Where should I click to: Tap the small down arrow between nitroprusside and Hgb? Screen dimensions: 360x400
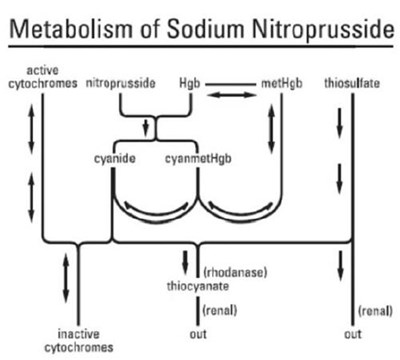click(148, 128)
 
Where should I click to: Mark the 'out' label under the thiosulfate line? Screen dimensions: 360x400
click(351, 332)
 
